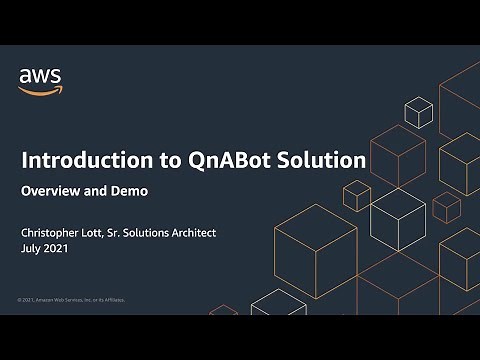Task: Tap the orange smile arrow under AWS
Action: [37, 89]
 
